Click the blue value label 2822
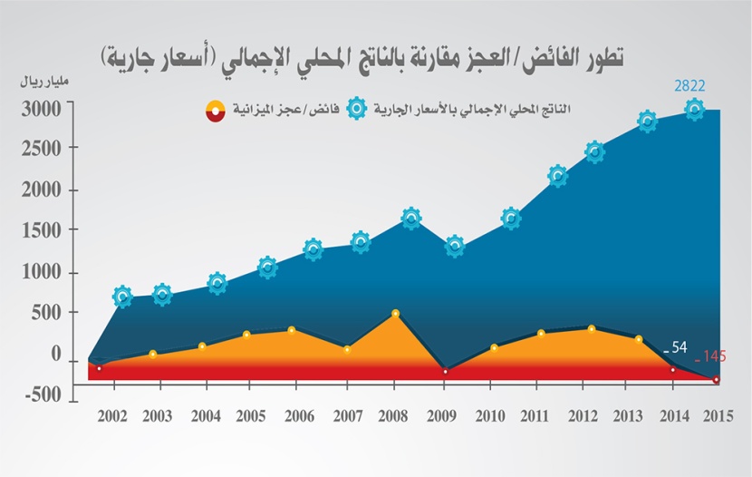pyautogui.click(x=689, y=86)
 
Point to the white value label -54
pyautogui.click(x=677, y=347)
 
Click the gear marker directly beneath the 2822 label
pyautogui.click(x=693, y=110)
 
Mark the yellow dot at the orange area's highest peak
pyautogui.click(x=395, y=314)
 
